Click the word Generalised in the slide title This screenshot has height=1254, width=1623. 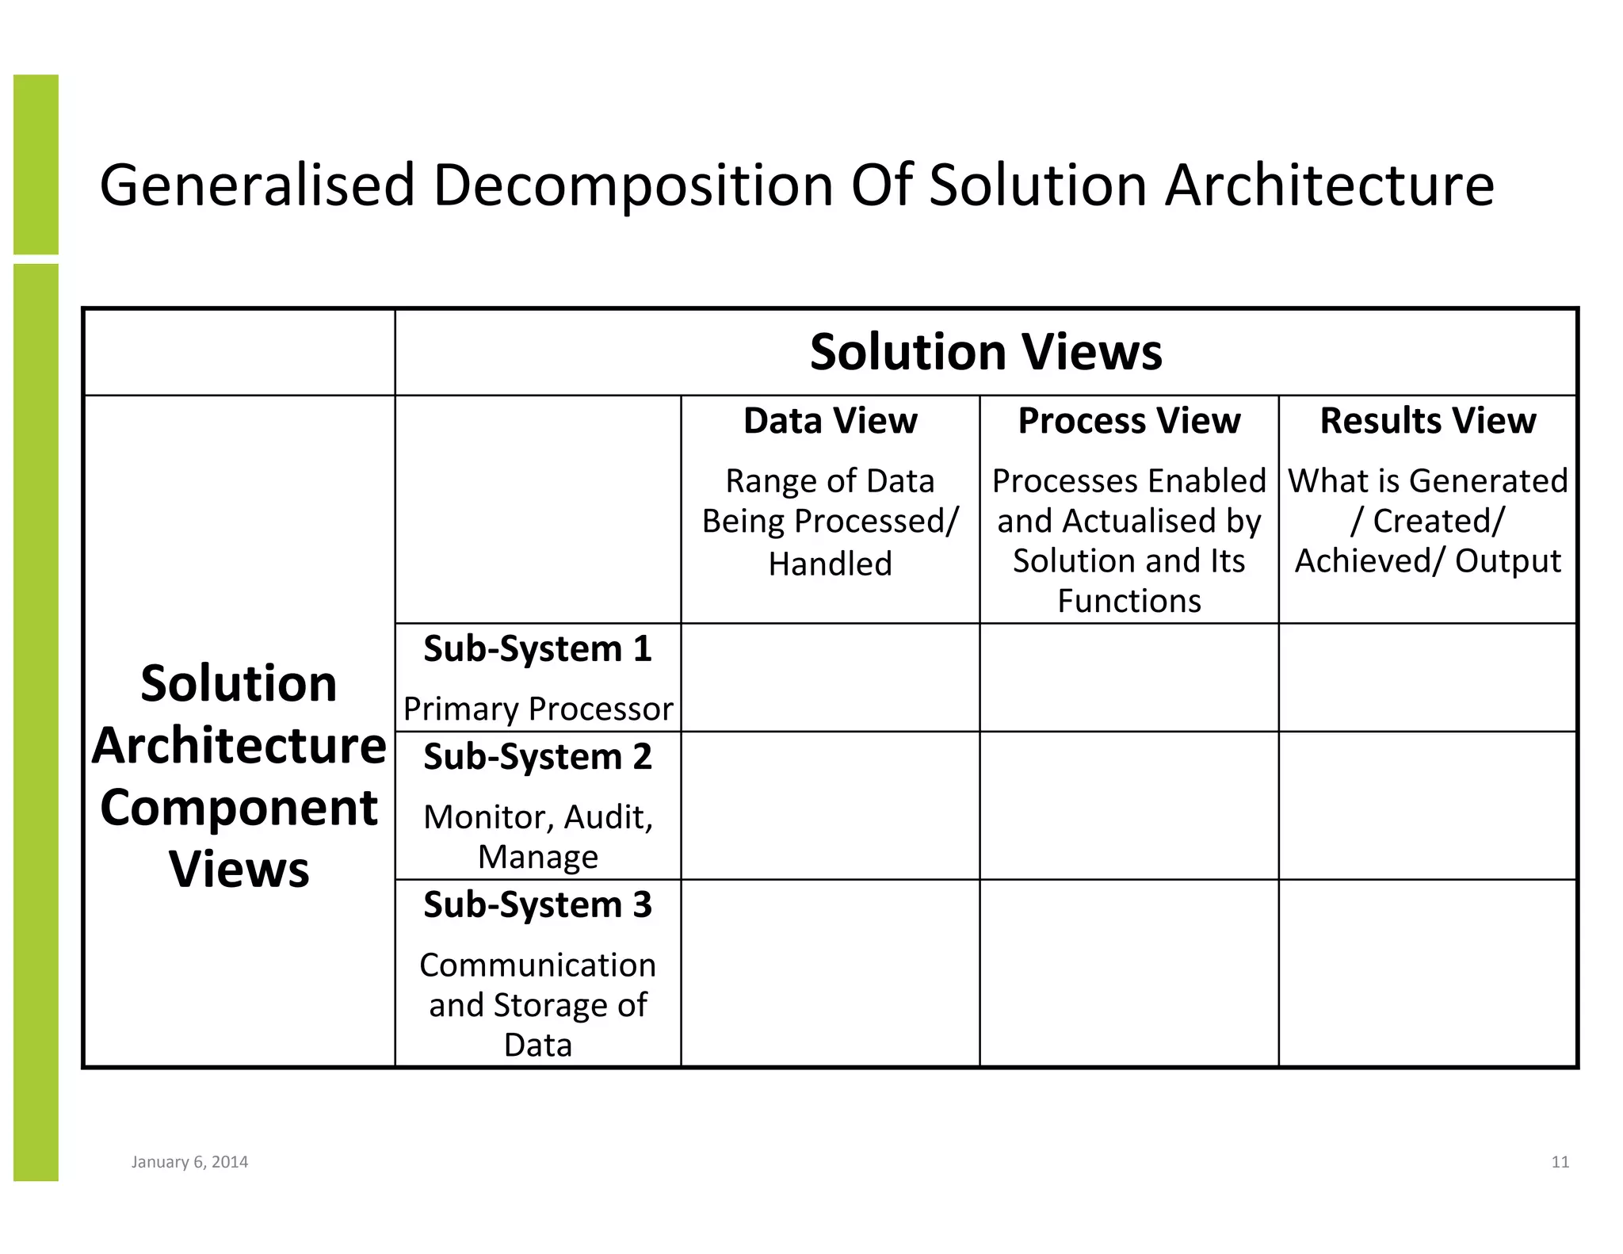(257, 185)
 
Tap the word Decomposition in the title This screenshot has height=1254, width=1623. (632, 185)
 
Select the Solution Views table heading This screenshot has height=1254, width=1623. (986, 351)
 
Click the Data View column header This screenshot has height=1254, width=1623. (830, 420)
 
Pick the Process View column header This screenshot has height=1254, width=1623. (1128, 420)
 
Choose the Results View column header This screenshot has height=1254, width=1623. (1427, 420)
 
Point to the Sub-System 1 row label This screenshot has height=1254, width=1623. (537, 648)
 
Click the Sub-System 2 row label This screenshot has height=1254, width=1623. (537, 756)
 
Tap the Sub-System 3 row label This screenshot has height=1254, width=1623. (537, 904)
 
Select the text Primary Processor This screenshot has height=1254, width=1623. (537, 709)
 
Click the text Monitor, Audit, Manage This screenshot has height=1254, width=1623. (537, 837)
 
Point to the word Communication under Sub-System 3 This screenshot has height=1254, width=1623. (537, 965)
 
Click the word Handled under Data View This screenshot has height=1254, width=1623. (830, 564)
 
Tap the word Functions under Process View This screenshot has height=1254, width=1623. (1128, 601)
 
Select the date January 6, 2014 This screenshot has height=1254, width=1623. (189, 1162)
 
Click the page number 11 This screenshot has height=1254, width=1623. (1560, 1162)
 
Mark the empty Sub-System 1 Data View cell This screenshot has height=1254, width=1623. (830, 678)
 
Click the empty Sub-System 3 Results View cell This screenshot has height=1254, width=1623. (1427, 973)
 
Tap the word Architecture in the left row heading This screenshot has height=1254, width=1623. (239, 746)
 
